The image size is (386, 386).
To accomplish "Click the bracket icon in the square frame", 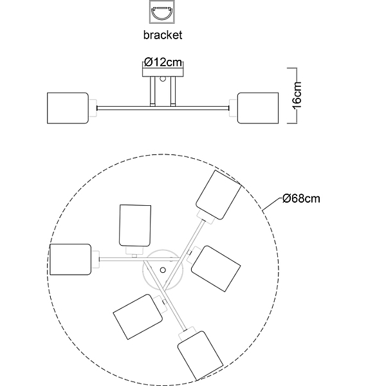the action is [162, 12].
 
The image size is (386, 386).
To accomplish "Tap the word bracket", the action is [163, 35].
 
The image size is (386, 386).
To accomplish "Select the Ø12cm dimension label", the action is [163, 62].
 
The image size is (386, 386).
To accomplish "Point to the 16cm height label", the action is [297, 95].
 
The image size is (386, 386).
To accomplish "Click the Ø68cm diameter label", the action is [301, 198].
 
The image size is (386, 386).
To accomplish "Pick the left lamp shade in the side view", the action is [68, 108].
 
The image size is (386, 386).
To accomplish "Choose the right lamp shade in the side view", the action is [258, 108].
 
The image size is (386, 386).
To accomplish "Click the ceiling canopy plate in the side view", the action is [163, 71].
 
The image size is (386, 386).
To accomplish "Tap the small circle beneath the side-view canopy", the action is [163, 79].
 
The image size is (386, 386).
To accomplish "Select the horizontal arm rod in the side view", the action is [163, 108].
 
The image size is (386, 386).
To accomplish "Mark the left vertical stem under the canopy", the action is [152, 91].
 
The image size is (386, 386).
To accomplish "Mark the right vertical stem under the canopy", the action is [173, 91].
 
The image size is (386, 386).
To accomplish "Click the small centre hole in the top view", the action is [163, 270].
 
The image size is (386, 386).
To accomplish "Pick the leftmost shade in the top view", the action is [70, 259].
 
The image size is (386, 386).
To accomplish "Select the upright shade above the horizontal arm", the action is [135, 226].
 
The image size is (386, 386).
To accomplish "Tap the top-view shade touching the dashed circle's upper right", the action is [219, 195].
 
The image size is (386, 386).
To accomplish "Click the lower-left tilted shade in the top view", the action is [138, 317].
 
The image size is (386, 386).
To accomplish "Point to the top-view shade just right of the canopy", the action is [216, 269].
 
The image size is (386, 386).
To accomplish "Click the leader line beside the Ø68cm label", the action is [272, 204].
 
